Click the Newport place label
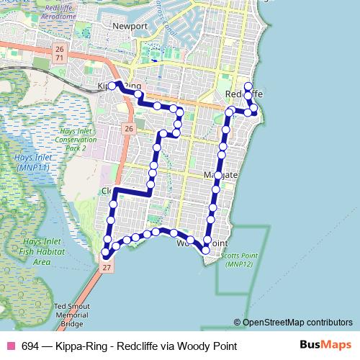(130, 26)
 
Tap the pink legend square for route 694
(10, 346)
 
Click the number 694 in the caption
(31, 346)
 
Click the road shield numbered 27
(107, 267)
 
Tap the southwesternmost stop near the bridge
(105, 253)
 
